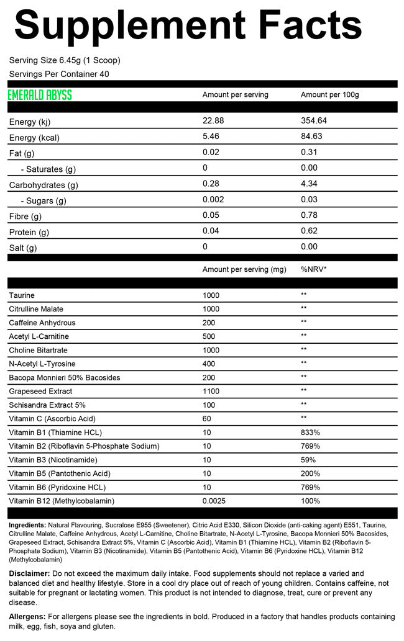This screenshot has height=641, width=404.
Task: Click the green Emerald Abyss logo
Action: [x=40, y=95]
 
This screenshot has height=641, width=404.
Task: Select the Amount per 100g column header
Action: [x=329, y=95]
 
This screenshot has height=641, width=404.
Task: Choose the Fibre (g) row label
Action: [x=25, y=217]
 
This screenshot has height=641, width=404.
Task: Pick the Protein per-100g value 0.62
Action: [x=309, y=232]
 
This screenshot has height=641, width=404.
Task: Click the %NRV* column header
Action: [x=314, y=269]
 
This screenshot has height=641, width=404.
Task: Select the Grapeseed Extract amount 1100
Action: [x=212, y=392]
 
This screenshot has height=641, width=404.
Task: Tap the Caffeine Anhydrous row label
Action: [x=42, y=323]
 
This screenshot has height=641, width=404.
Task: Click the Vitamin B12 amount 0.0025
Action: [x=215, y=501]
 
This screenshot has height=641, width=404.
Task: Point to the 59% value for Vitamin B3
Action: [x=308, y=460]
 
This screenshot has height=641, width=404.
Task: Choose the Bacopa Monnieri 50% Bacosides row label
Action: [x=65, y=378]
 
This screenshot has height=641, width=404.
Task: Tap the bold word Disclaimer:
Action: [x=30, y=574]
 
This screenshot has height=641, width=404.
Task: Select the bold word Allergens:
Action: [x=28, y=617]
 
